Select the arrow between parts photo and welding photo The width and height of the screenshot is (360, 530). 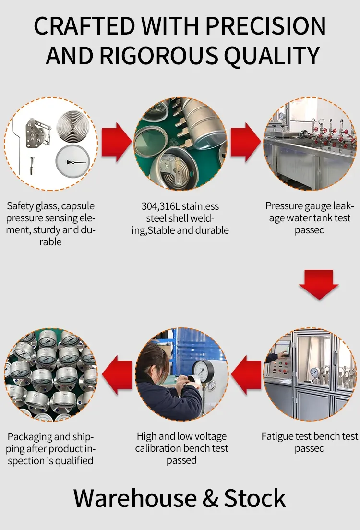click(x=117, y=142)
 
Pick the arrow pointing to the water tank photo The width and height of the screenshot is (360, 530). click(x=246, y=142)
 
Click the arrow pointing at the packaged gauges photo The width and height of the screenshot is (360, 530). click(x=117, y=375)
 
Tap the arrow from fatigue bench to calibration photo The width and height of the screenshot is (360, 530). click(x=246, y=375)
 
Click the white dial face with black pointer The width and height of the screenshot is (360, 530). click(x=72, y=162)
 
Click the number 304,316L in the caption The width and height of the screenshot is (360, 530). click(x=160, y=206)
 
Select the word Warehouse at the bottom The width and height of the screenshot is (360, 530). click(x=135, y=498)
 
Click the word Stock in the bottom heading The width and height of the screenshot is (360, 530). click(x=255, y=498)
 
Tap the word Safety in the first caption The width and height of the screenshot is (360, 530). click(x=19, y=206)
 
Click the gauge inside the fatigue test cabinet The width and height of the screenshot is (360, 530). click(x=315, y=372)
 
